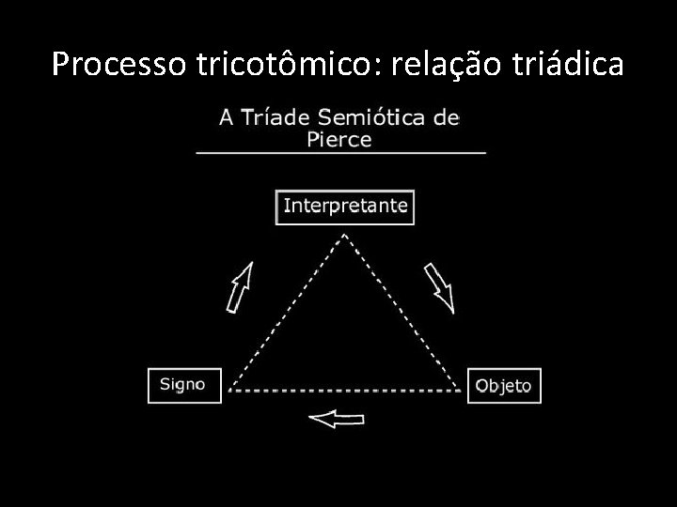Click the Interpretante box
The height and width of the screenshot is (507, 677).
click(x=345, y=207)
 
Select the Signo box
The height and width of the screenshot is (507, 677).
click(x=184, y=385)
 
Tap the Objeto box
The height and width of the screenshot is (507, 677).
click(x=504, y=386)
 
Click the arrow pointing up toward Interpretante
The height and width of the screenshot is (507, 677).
click(x=240, y=285)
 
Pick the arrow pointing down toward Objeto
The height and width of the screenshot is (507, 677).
click(x=439, y=286)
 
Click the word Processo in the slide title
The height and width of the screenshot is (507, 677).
click(x=107, y=64)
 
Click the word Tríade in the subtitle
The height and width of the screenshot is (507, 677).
click(x=278, y=118)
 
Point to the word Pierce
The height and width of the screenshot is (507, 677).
click(x=339, y=140)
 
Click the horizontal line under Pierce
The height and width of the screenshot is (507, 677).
click(x=340, y=151)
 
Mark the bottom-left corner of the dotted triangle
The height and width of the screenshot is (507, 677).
click(x=228, y=390)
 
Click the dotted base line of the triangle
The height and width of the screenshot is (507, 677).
click(x=345, y=390)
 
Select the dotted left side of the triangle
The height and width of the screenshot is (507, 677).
click(x=287, y=312)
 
